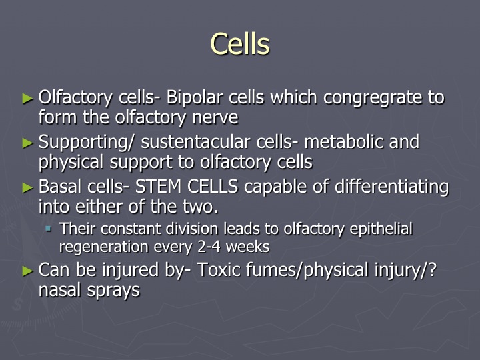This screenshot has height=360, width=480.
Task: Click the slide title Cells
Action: (240, 44)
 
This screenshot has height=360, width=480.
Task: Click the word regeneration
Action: (103, 247)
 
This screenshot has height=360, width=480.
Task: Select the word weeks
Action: (247, 247)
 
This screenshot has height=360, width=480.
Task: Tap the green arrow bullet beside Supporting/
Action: (28, 143)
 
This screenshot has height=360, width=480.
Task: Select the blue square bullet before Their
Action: (49, 229)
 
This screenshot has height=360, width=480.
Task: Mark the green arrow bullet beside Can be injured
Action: (28, 271)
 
